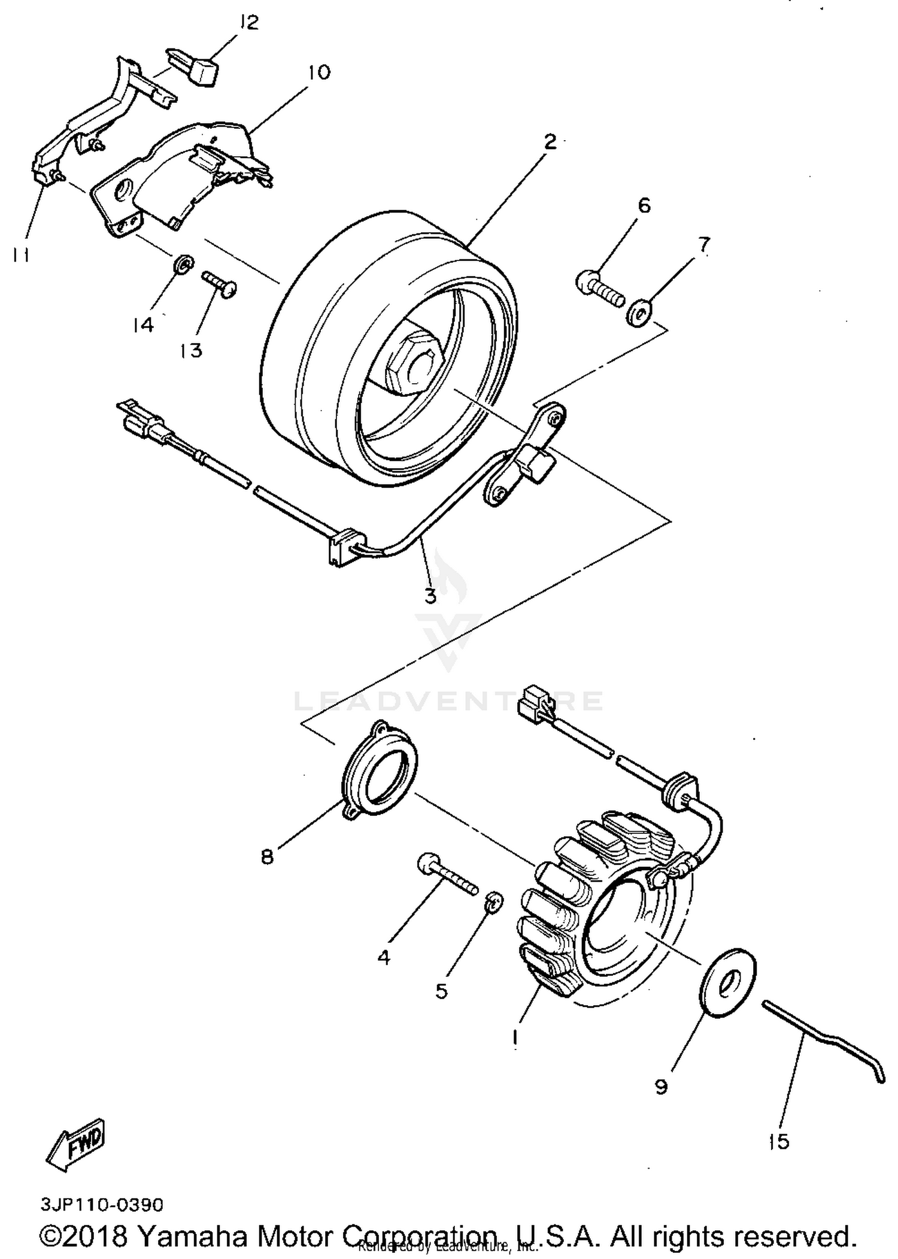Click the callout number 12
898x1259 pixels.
248,23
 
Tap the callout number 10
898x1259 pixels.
319,72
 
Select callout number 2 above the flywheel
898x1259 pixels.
550,142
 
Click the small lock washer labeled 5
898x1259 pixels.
494,900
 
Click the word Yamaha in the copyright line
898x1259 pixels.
195,1236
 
